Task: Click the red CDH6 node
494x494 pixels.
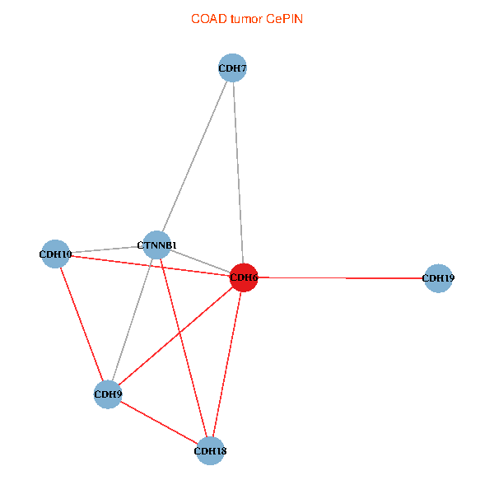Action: pyautogui.click(x=244, y=277)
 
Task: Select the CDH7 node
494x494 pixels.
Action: pyautogui.click(x=232, y=68)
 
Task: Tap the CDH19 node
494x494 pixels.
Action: pyautogui.click(x=438, y=278)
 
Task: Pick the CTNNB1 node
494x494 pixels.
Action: pyautogui.click(x=157, y=245)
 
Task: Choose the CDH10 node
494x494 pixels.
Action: pyautogui.click(x=55, y=254)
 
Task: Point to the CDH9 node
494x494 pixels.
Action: pyautogui.click(x=108, y=394)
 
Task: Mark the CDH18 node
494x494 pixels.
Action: pyautogui.click(x=210, y=451)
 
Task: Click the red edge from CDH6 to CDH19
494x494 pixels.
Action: pyautogui.click(x=341, y=278)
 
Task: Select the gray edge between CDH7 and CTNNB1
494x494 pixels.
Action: pyautogui.click(x=194, y=156)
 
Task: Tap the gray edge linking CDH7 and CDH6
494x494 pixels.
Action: pyautogui.click(x=238, y=173)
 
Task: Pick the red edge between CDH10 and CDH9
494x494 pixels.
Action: pyautogui.click(x=82, y=324)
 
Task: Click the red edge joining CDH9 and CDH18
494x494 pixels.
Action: pyautogui.click(x=159, y=422)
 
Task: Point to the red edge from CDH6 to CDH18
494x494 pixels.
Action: pyautogui.click(x=227, y=364)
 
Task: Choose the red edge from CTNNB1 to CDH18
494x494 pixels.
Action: pyautogui.click(x=184, y=347)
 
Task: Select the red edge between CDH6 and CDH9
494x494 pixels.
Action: pyautogui.click(x=176, y=336)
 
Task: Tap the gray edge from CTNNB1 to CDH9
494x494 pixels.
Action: pyautogui.click(x=133, y=319)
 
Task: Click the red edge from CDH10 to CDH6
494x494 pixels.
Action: pyautogui.click(x=150, y=266)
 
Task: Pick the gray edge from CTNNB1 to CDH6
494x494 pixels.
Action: pyautogui.click(x=200, y=261)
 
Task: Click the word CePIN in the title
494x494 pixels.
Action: pyautogui.click(x=284, y=19)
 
